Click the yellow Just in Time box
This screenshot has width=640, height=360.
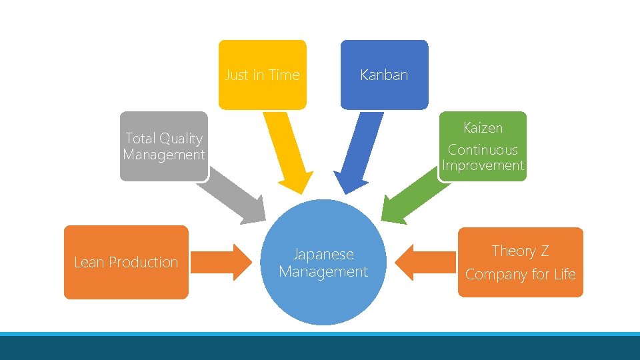(262, 75)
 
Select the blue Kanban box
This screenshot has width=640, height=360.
(383, 75)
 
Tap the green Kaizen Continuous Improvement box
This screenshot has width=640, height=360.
(483, 146)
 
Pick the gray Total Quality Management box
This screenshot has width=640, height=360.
(164, 146)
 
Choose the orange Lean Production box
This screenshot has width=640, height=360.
(126, 262)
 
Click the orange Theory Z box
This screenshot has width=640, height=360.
(520, 262)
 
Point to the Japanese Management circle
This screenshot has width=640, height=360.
(323, 263)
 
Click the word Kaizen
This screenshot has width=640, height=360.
(483, 127)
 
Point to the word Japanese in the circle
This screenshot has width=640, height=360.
(323, 254)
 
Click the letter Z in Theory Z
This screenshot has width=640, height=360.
(545, 251)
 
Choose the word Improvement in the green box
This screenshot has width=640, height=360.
(483, 165)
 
